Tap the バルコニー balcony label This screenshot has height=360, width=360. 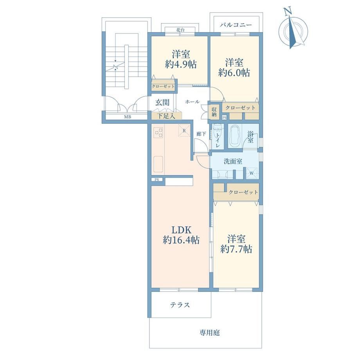[x=236, y=25]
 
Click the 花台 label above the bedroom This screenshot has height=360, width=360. [x=180, y=30]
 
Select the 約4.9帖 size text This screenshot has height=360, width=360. [x=181, y=65]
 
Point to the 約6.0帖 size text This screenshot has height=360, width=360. [x=234, y=73]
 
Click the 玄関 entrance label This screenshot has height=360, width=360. [x=162, y=103]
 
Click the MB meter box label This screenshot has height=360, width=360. [x=128, y=117]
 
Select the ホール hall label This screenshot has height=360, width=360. [x=192, y=101]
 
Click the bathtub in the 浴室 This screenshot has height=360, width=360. [x=235, y=136]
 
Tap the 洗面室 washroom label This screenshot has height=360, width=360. [x=233, y=161]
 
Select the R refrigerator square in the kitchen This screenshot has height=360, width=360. [x=184, y=130]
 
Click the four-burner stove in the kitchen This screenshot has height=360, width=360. [x=158, y=132]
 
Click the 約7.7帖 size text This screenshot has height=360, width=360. [x=236, y=249]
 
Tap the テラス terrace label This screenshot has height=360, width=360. [x=180, y=305]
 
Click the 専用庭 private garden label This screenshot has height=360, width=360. [x=209, y=333]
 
